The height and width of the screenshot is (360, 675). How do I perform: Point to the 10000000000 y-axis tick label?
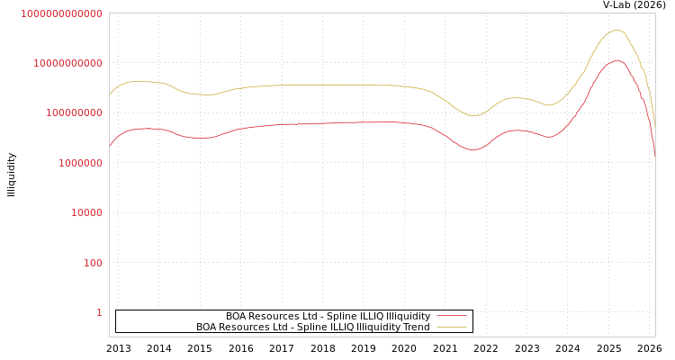click(x=67, y=63)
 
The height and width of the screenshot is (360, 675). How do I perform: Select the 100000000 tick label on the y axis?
click(x=74, y=113)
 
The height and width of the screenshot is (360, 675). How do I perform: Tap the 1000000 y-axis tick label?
click(x=80, y=163)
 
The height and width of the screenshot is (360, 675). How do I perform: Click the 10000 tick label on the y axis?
click(x=86, y=213)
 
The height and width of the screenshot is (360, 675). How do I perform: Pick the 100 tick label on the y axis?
click(x=93, y=263)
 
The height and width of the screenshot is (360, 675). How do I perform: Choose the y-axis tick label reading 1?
click(x=99, y=312)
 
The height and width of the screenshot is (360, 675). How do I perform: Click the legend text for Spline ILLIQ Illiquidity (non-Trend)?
click(x=328, y=316)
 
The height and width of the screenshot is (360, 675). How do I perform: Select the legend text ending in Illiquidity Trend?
click(x=312, y=327)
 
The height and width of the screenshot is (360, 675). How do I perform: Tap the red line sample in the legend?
click(x=451, y=316)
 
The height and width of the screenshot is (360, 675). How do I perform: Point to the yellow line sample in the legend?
click(x=451, y=327)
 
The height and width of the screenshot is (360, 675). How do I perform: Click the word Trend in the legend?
click(x=416, y=327)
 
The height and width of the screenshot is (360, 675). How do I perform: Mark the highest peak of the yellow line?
click(x=616, y=30)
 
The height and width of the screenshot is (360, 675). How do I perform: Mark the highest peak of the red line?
click(x=617, y=60)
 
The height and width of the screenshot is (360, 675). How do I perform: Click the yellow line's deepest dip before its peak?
click(x=474, y=115)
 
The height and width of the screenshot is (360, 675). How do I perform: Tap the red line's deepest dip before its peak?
click(x=474, y=149)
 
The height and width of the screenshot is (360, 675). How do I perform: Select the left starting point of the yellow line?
click(x=110, y=94)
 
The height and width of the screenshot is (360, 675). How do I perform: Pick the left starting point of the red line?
click(x=110, y=146)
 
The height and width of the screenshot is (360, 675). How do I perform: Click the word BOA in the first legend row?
click(x=237, y=316)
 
